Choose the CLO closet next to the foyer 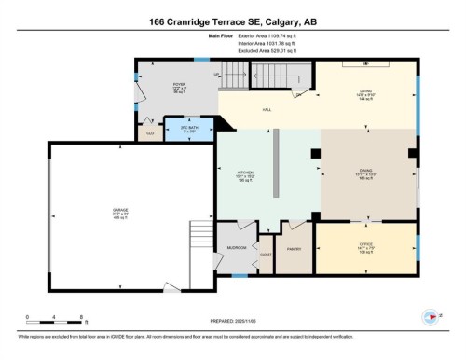(x=150, y=132)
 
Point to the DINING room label (x=365, y=172)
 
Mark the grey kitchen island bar (x=276, y=164)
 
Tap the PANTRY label (x=295, y=248)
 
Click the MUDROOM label (x=237, y=248)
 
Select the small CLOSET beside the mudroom (x=266, y=254)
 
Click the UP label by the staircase (x=217, y=76)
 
